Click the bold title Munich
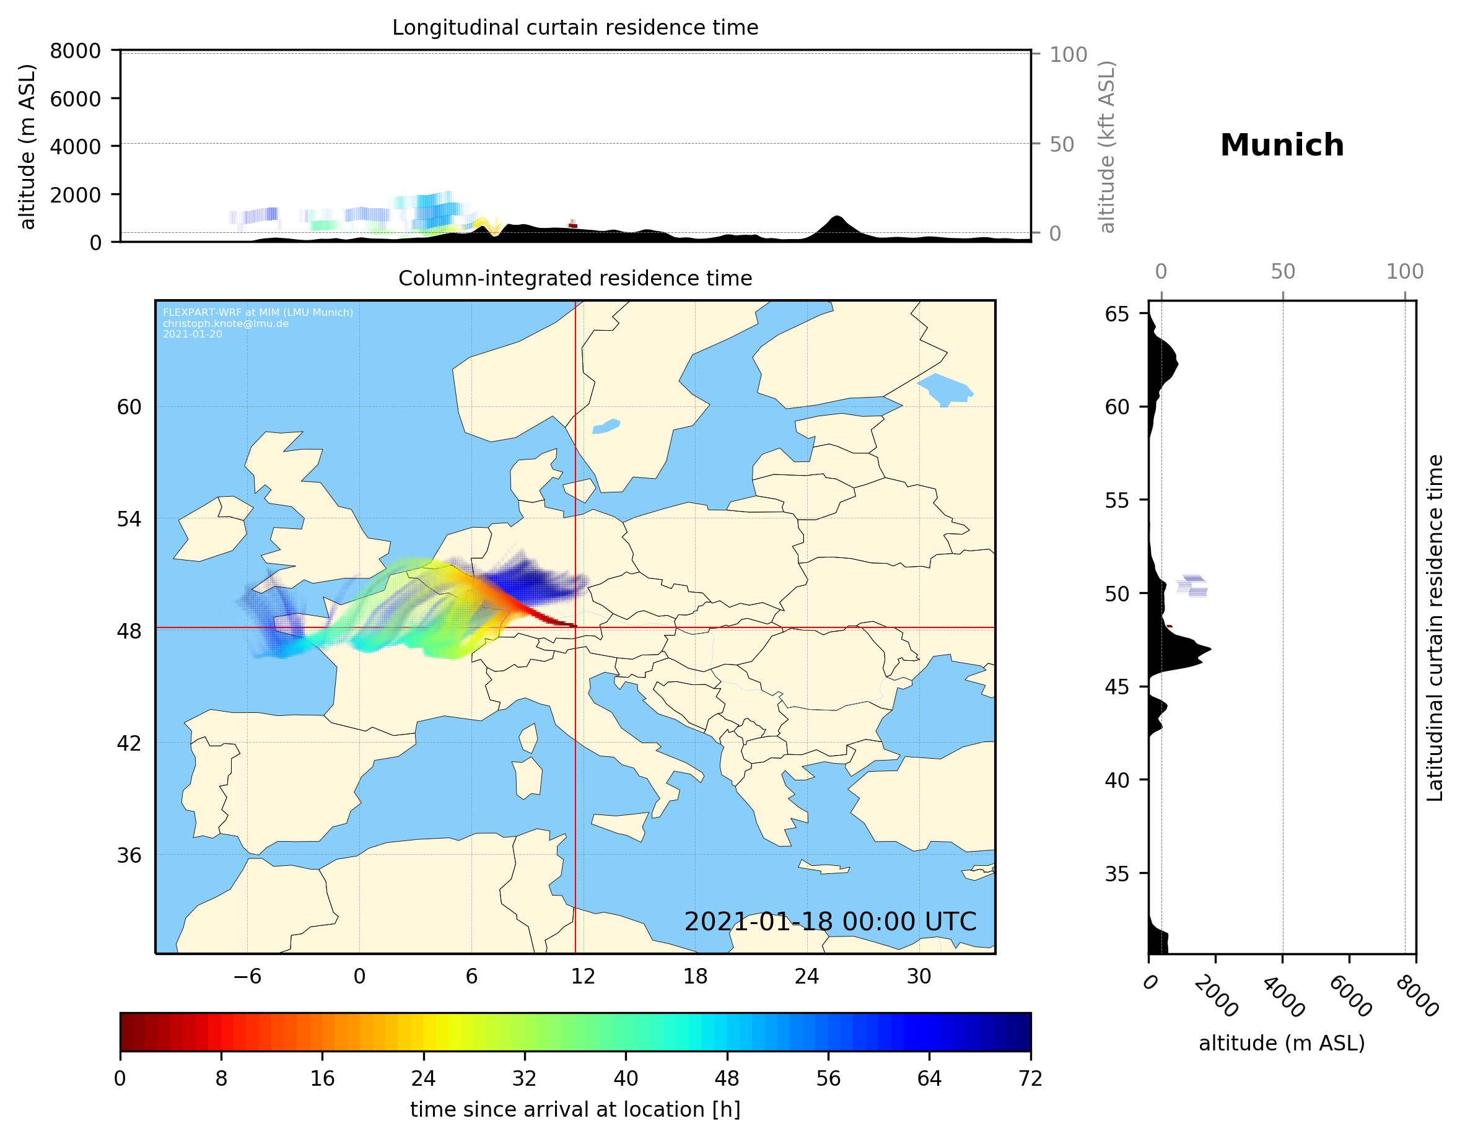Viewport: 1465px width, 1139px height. [x=1281, y=146]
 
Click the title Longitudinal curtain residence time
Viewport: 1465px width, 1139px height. [x=575, y=27]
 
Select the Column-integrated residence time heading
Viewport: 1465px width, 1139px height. [x=575, y=278]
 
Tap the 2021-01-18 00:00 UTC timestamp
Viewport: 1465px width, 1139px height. [x=830, y=922]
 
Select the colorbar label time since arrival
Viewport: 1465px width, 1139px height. [x=575, y=1109]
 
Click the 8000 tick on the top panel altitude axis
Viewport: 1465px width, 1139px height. [x=75, y=51]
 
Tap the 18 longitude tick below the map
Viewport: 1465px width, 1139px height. [x=695, y=976]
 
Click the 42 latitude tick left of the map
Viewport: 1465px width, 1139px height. [x=129, y=743]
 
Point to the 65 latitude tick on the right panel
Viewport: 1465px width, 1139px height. [x=1117, y=314]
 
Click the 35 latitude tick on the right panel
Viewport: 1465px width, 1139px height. [x=1117, y=873]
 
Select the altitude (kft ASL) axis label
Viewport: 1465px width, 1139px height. [x=1107, y=147]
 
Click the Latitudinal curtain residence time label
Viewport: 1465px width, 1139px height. [x=1434, y=628]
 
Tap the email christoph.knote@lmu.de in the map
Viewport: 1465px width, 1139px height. [x=225, y=323]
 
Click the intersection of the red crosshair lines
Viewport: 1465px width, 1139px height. [x=575, y=628]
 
